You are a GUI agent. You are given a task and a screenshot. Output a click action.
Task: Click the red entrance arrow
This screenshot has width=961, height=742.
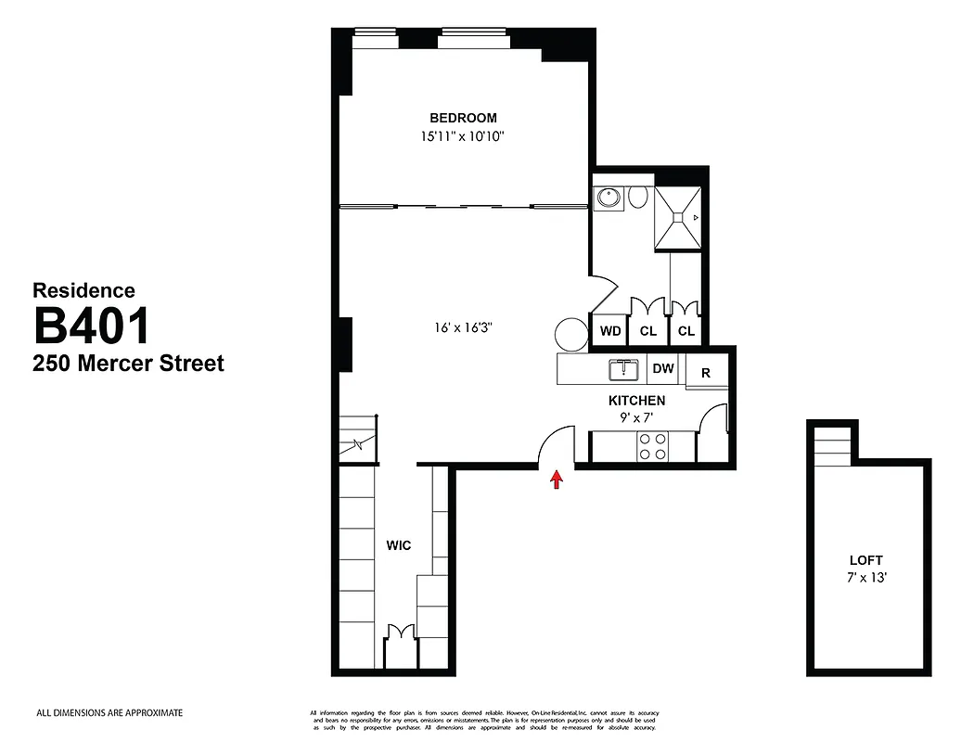557,479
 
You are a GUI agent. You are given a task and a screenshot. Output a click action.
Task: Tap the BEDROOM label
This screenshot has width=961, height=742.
463,118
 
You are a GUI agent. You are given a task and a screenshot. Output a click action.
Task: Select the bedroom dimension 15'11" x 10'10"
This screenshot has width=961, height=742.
463,136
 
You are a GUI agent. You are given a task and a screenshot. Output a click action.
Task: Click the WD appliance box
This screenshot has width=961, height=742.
609,331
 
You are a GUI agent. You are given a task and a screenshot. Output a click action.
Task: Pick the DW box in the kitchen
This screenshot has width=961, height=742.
663,368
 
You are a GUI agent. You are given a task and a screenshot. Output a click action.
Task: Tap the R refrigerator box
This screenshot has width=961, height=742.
706,373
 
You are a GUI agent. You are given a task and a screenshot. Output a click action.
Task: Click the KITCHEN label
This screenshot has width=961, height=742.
636,401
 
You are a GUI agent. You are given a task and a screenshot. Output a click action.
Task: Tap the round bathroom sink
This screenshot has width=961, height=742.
609,197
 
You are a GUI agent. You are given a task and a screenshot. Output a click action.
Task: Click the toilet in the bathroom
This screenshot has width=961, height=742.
638,197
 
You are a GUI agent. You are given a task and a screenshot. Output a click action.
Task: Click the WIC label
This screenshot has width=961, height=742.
399,545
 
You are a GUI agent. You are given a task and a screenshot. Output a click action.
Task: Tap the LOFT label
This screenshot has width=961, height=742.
866,560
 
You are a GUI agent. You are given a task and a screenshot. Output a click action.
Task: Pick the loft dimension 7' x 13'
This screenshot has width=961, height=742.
866,577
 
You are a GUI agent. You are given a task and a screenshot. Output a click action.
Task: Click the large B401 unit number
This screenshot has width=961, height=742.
92,326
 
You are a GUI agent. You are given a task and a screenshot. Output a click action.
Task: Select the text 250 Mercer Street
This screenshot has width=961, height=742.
128,363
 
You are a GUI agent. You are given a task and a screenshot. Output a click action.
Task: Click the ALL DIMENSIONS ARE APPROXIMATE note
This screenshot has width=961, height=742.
109,713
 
